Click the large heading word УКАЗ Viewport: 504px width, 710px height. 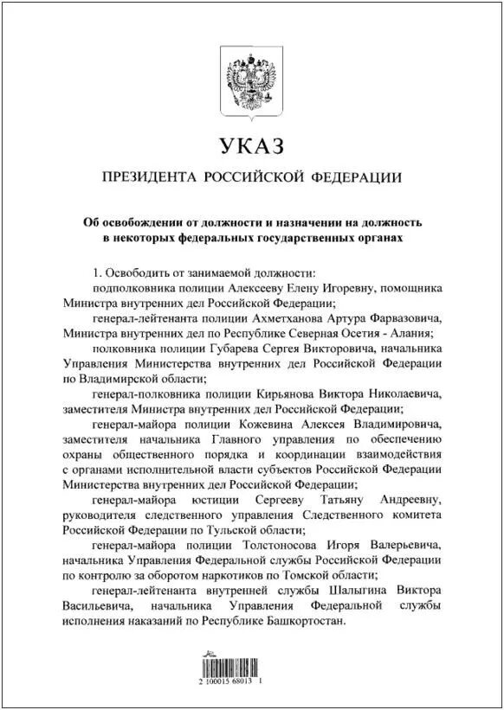(x=251, y=144)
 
